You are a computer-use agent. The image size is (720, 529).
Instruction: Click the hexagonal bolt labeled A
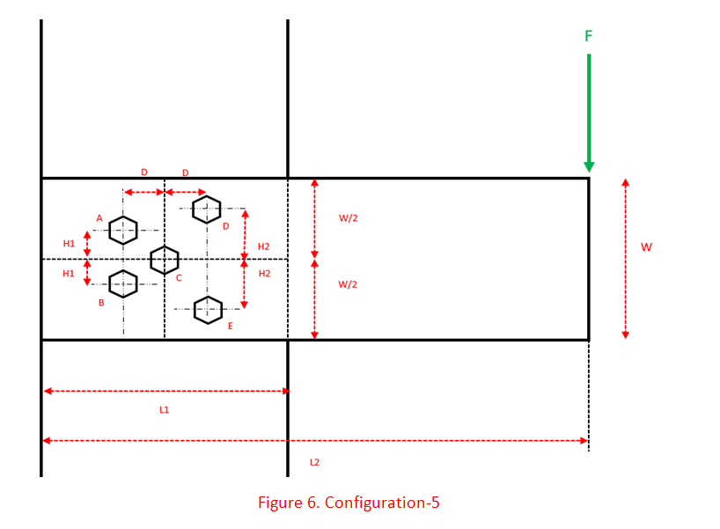pos(123,231)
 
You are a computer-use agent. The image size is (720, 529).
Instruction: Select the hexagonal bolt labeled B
pos(123,283)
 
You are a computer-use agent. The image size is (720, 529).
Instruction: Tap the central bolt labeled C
pos(165,260)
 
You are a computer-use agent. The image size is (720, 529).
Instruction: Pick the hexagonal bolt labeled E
pos(208,310)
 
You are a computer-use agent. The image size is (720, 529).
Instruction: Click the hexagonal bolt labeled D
pos(207,209)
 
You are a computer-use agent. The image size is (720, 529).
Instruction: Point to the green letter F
pos(589,36)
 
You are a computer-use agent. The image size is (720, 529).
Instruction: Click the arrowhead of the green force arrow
pos(589,166)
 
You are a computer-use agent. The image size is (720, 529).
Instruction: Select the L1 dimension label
pos(165,410)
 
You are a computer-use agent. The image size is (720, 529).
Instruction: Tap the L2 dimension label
pos(314,462)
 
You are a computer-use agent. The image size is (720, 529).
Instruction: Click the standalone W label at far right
pos(646,247)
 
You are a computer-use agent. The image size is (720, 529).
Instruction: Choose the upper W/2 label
pos(349,218)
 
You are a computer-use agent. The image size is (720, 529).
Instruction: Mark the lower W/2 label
pos(349,284)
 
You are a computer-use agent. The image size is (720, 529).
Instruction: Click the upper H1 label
pos(69,244)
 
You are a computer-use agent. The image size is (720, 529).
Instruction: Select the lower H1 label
pos(69,274)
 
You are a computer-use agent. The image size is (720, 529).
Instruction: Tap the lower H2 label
pos(264,274)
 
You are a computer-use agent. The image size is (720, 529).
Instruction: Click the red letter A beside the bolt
pos(99,218)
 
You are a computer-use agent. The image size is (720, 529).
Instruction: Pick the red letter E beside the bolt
pos(230,327)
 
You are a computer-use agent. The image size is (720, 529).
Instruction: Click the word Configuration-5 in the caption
pos(383,503)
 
